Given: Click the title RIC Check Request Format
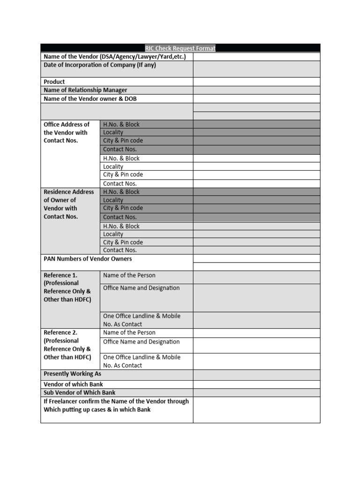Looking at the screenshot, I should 180,48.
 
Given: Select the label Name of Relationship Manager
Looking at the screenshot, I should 85,90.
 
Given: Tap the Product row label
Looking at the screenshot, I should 54,82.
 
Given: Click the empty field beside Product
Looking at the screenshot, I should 256,82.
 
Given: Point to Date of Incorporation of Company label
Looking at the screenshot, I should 100,65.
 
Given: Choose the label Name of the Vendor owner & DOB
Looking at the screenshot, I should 90,99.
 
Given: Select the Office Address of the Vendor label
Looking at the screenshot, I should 66,133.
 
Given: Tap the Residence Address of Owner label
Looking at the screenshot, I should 68,204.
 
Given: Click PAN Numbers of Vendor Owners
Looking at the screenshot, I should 88,259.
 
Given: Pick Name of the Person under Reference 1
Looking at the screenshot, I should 129,276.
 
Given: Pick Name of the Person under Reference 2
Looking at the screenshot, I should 129,333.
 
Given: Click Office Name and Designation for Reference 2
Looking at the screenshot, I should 141,342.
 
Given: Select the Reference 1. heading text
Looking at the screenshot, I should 60,276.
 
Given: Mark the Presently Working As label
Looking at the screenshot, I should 72,374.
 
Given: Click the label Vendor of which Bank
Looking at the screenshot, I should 73,384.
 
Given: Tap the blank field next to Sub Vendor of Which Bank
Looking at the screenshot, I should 256,393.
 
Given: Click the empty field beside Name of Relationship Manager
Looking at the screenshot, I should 256,90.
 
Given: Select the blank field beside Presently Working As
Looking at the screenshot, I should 256,375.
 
